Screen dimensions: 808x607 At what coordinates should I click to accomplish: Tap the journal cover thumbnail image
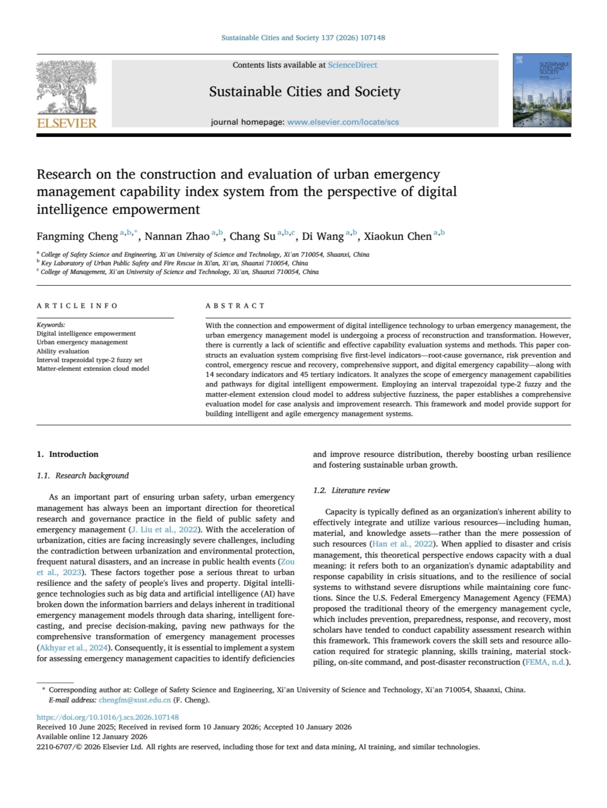click(542, 90)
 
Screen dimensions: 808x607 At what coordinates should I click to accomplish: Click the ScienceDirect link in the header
click(352, 65)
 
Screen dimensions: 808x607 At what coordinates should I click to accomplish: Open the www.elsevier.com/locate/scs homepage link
click(342, 122)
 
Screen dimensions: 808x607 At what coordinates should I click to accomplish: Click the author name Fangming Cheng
click(77, 236)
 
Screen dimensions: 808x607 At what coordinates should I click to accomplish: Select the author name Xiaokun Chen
click(398, 236)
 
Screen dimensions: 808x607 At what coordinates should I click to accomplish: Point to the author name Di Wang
click(323, 236)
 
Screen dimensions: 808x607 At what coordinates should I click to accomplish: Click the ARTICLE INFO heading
click(77, 306)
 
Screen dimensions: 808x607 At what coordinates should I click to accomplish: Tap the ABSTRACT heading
click(235, 306)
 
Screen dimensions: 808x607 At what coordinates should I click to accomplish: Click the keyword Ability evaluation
click(63, 351)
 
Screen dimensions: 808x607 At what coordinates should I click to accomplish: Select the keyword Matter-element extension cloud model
click(93, 368)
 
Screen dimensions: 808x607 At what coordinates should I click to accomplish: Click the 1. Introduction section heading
click(67, 454)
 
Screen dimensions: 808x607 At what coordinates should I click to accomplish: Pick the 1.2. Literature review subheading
click(351, 491)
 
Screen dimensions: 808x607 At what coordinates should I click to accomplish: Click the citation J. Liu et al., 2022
click(164, 530)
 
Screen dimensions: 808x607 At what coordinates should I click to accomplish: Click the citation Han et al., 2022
click(402, 544)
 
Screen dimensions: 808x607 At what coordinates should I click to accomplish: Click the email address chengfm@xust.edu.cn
click(135, 700)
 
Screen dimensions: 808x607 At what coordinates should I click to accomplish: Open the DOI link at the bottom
click(108, 717)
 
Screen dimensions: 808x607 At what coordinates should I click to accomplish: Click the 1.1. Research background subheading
click(83, 476)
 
